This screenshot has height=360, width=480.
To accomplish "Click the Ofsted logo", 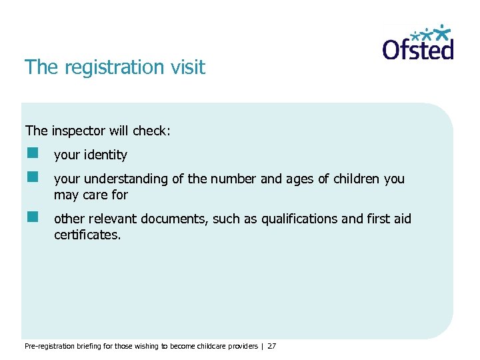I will [418, 43].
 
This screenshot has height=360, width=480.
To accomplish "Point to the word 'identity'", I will [105, 155].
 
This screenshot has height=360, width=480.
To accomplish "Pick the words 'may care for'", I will [91, 195].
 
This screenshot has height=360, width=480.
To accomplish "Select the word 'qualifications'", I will [299, 219].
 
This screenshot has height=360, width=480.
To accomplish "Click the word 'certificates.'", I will [87, 235].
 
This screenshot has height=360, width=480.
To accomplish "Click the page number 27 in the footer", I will [271, 346].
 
